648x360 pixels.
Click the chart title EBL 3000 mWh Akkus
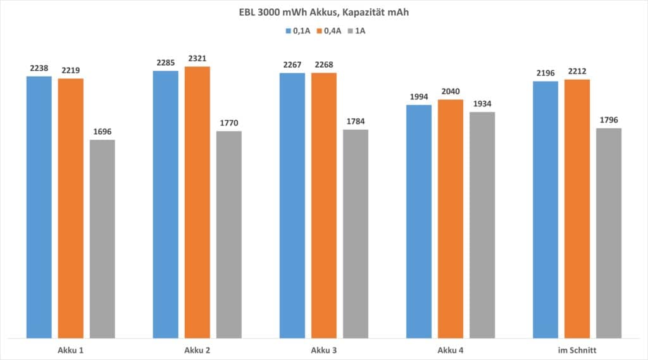tap(323, 11)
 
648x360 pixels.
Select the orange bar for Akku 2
tap(197, 202)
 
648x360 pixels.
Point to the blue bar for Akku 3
tap(292, 205)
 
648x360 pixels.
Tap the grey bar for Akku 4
tap(482, 225)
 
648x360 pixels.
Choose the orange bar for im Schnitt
tap(577, 208)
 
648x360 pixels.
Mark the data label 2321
tap(197, 58)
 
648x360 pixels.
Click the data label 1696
tap(103, 132)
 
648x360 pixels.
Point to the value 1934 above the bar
tap(482, 104)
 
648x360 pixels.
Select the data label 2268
tap(324, 65)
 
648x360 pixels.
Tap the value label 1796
tap(609, 120)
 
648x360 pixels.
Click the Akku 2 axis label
tap(197, 349)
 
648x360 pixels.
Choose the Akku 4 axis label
tap(451, 349)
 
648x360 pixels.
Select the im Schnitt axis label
tap(577, 349)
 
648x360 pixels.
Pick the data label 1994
tap(419, 97)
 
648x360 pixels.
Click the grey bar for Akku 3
tap(356, 233)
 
